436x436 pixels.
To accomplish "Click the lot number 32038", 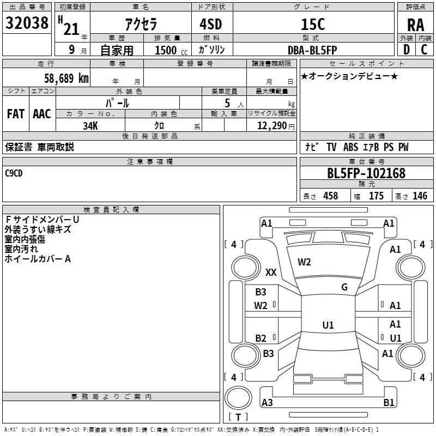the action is (x=27, y=23).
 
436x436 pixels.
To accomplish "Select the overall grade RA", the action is (x=415, y=25).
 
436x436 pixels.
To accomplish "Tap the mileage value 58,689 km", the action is (x=66, y=78).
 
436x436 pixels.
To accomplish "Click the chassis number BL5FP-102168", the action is (x=366, y=173).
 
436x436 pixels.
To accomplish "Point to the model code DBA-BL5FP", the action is (x=312, y=50).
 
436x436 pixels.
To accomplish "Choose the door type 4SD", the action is (x=211, y=24).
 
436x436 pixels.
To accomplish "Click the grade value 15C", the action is (x=313, y=24).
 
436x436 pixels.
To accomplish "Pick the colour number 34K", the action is (x=90, y=126).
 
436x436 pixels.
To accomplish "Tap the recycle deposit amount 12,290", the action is (x=271, y=126).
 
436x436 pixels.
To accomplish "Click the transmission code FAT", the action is (x=16, y=114).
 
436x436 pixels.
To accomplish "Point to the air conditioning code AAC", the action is (x=42, y=114).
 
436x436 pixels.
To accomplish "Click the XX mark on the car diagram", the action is (x=271, y=272).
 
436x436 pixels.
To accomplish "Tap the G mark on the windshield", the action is (x=344, y=287).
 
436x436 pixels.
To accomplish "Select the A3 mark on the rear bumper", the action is (x=267, y=402).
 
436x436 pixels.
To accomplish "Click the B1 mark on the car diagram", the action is (x=389, y=402).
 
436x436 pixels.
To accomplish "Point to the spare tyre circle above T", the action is (x=238, y=397).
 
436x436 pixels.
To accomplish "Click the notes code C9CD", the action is (x=14, y=173).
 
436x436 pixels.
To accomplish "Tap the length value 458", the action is (x=331, y=196).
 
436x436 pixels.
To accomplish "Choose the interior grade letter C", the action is (x=424, y=50).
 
